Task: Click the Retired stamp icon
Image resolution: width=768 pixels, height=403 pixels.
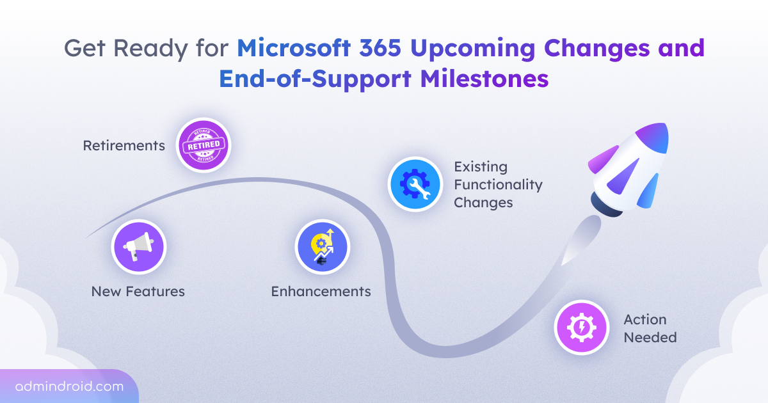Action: coord(203,145)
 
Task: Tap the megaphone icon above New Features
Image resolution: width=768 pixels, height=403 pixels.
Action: coord(138,247)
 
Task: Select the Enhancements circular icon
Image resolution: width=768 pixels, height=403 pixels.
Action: coord(322,247)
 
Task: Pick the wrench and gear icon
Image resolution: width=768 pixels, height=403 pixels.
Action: coord(415,184)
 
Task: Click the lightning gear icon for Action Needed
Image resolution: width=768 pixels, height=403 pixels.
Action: coord(581,328)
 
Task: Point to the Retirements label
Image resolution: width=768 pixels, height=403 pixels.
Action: coord(124,146)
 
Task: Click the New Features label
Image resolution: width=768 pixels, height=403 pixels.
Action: coord(138,292)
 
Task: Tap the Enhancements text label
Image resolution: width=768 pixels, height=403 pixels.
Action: coord(321,292)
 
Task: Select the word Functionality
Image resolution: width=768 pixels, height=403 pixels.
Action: coord(498,185)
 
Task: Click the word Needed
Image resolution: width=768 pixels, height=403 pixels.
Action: coord(650,337)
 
